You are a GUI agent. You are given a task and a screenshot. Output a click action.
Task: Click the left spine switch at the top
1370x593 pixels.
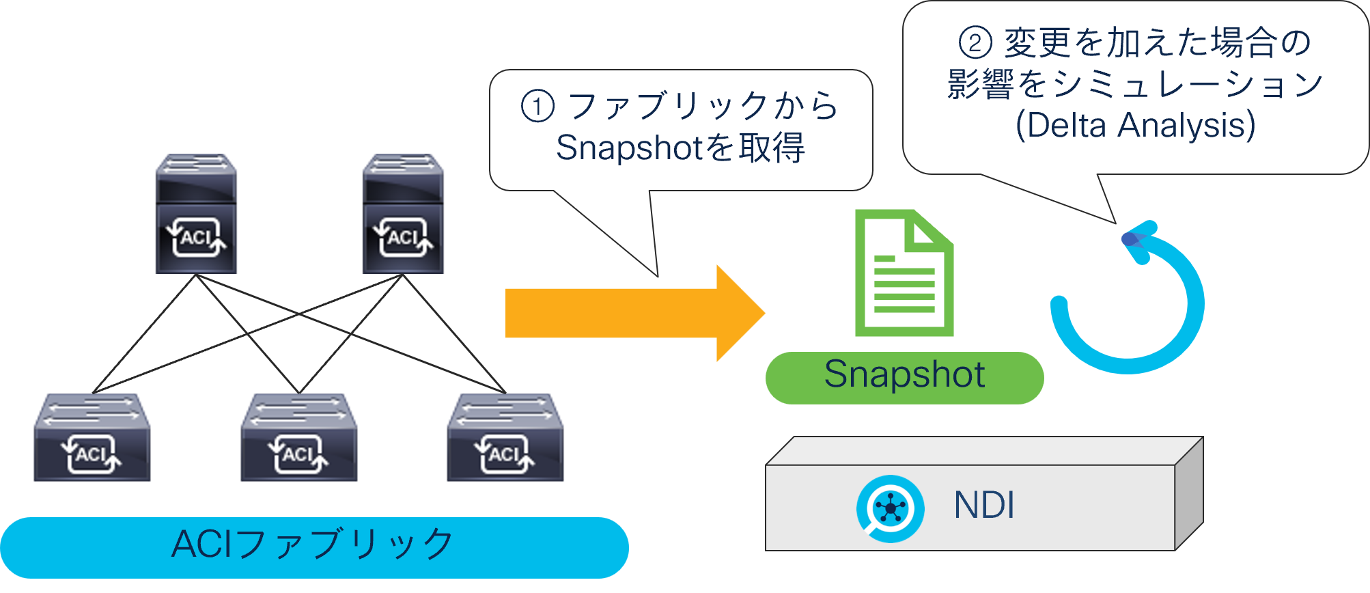pos(197,213)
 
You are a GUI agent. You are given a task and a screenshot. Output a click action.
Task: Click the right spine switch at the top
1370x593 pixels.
pos(403,213)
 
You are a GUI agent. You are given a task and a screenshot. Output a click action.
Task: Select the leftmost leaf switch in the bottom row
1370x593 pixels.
pos(92,437)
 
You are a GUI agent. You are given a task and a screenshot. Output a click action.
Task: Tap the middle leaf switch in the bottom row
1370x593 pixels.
pos(299,437)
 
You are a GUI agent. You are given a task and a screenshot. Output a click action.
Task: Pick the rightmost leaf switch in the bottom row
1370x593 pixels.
pos(505,437)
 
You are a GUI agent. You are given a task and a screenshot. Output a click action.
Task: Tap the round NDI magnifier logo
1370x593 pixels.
pos(891,508)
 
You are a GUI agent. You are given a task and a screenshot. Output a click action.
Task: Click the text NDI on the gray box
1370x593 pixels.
pos(983,506)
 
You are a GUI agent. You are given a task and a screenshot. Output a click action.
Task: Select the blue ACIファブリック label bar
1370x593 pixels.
pos(314,547)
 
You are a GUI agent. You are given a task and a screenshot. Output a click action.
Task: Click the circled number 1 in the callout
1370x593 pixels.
pos(537,107)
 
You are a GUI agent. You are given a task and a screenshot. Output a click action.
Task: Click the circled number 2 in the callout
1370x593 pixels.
pos(975,42)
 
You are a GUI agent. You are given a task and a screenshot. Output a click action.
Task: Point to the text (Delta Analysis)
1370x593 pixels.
pos(1135,126)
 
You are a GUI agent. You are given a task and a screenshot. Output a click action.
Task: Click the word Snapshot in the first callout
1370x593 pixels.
pos(629,148)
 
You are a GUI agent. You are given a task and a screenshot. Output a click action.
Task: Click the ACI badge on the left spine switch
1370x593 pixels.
pos(197,238)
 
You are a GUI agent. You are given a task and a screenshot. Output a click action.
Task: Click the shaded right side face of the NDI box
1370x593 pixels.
pos(1188,495)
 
